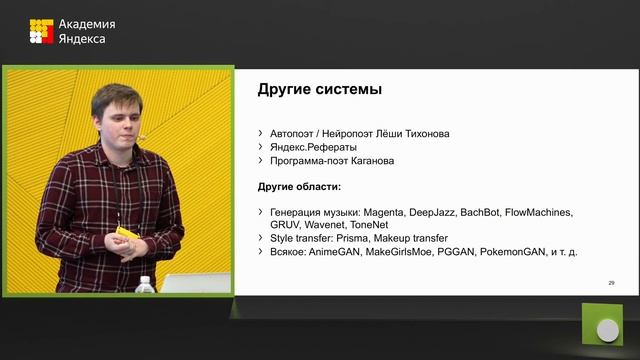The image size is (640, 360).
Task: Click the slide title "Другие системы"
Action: tap(320, 90)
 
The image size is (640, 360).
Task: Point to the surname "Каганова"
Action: tap(371, 160)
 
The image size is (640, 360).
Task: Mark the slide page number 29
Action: tap(611, 284)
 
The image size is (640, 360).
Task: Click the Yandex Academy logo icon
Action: tap(40, 31)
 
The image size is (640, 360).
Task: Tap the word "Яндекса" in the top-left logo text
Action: tap(82, 39)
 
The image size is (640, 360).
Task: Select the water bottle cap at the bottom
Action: tap(145, 281)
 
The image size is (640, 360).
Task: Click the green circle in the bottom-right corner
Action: tap(606, 329)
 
